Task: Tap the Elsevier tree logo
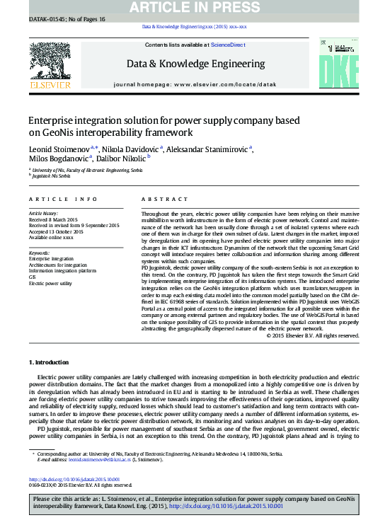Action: pyautogui.click(x=50, y=61)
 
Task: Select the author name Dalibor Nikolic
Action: pyautogui.click(x=114, y=158)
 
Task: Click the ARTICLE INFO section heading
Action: pyautogui.click(x=52, y=200)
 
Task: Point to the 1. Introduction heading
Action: pyautogui.click(x=50, y=362)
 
